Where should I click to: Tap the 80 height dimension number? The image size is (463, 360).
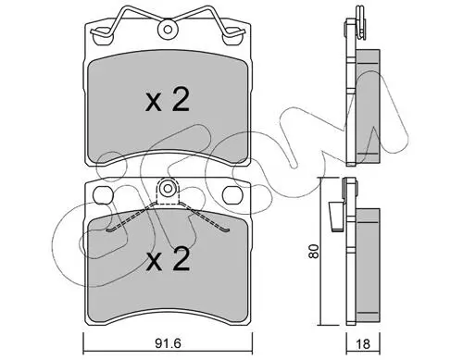point(314,251)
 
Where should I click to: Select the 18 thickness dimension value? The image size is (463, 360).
point(363,344)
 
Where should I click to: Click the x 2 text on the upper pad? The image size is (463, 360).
point(168,100)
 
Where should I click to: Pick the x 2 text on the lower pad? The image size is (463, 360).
point(168,260)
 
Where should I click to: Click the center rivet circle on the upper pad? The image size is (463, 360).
point(168,30)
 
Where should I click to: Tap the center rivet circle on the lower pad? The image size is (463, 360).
point(168,188)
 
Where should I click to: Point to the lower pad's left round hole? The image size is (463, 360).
point(102,195)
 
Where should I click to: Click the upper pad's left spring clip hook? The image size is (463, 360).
point(102,32)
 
